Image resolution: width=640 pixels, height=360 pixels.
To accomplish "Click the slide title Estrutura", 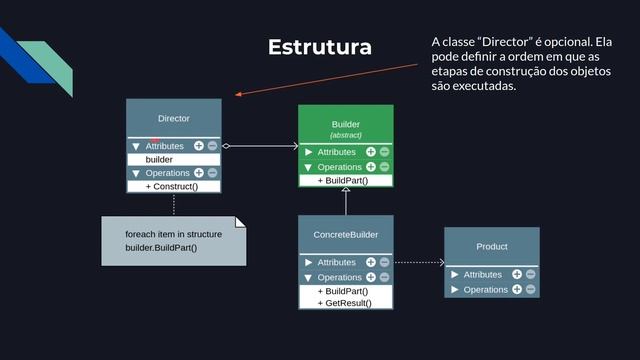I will (319, 48).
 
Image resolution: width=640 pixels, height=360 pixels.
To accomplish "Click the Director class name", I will (173, 118).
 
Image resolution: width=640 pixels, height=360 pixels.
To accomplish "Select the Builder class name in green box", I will (345, 124).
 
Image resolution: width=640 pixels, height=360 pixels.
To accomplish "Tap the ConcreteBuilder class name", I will (345, 234).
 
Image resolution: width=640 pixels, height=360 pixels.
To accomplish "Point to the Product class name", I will (491, 246).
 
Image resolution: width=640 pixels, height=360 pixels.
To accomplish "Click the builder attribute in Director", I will (159, 159).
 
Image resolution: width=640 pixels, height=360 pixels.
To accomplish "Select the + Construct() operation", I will (172, 186).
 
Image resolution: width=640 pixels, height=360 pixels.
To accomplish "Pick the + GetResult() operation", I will (344, 302).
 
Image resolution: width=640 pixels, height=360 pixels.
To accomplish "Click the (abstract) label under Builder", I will (345, 135).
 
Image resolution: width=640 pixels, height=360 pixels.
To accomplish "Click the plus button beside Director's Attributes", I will (199, 146).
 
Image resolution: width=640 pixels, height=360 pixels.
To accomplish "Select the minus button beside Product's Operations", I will (530, 289).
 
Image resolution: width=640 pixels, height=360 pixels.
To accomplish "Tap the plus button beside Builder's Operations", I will (371, 167).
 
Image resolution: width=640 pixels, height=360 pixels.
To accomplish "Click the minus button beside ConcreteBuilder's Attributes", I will (384, 262).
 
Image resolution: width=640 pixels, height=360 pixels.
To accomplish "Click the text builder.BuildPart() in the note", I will (161, 247).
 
